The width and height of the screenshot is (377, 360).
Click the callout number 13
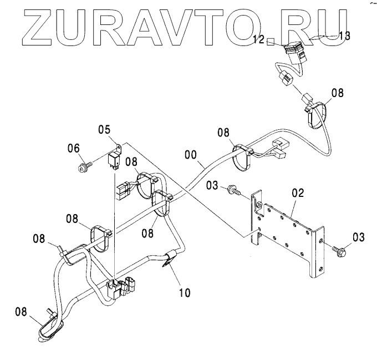[x=344, y=36]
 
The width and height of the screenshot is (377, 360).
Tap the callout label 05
[x=105, y=130]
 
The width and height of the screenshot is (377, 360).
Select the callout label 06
[x=74, y=148]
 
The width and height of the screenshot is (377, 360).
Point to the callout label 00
[x=190, y=156]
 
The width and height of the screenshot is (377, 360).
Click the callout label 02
[x=298, y=193]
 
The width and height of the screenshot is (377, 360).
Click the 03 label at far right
[x=359, y=237]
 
